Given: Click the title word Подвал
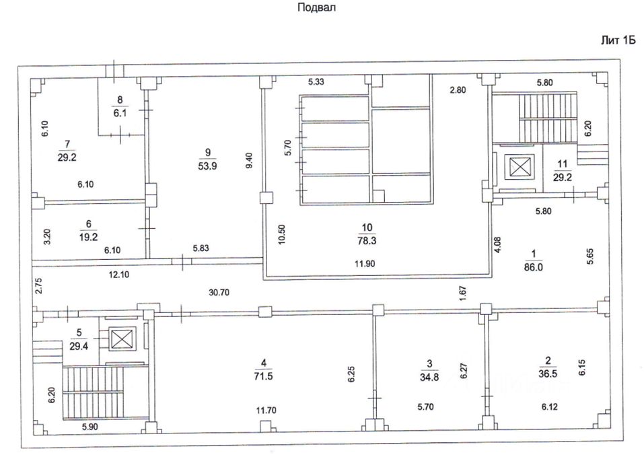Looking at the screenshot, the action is tap(316, 7).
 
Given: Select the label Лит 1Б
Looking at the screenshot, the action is tap(618, 40).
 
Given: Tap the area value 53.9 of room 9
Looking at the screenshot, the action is tap(207, 166).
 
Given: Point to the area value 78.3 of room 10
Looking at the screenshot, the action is tap(367, 241).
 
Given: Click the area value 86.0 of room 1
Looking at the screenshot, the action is tap(534, 267).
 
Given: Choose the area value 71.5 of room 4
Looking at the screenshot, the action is tap(263, 376).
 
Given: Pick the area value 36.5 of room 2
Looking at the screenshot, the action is tap(548, 374).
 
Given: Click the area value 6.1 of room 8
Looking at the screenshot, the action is tap(120, 112).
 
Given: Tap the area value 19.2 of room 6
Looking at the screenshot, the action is tap(89, 237).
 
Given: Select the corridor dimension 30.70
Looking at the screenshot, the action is tap(219, 292).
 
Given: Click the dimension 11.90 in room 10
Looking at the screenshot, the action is tap(365, 264).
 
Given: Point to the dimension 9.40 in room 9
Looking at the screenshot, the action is tap(248, 160).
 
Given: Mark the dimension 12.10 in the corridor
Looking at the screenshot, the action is tap(119, 275).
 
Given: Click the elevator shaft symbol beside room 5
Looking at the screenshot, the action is tap(122, 339).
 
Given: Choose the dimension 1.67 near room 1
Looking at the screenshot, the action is tap(463, 294).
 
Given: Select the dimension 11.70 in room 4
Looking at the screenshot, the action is tap(266, 410).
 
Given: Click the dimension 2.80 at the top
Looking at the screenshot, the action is tap(458, 90).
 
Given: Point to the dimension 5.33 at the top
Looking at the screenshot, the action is tap(316, 81).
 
